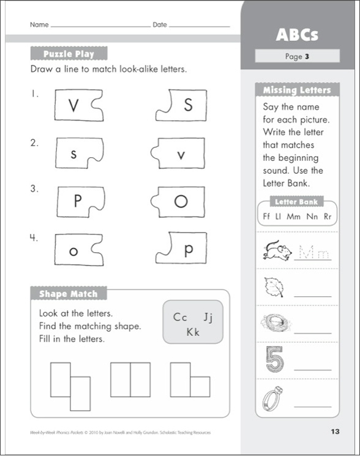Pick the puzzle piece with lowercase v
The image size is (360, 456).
point(177,154)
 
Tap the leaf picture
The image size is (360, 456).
point(271,285)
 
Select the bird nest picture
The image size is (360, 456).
point(272,323)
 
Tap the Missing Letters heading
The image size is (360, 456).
point(297,90)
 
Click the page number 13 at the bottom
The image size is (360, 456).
point(334,432)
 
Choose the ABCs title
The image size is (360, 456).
point(297,34)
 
